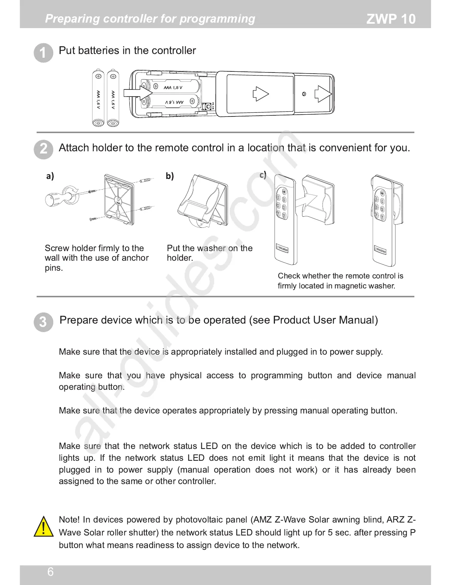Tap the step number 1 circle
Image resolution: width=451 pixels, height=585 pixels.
tap(43, 53)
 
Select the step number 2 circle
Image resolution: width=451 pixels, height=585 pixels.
tap(43, 149)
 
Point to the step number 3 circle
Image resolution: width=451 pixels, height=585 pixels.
tap(43, 322)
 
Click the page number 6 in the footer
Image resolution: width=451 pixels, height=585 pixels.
tap(50, 572)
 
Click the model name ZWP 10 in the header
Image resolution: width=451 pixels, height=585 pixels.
tap(391, 19)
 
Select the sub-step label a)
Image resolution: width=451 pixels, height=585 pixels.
tap(50, 176)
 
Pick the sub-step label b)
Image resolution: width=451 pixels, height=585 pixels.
tap(169, 176)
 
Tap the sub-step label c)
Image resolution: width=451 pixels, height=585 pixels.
tap(263, 175)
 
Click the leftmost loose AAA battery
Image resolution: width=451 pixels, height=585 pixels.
tap(98, 98)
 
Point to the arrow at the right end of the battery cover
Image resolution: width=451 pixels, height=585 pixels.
tap(323, 94)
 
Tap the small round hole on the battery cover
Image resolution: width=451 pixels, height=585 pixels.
tap(304, 94)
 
